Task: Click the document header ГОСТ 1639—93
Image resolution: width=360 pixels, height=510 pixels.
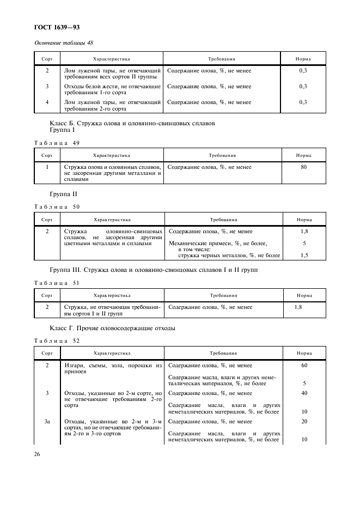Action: [x=57, y=27]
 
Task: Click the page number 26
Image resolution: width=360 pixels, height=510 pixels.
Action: [x=38, y=453]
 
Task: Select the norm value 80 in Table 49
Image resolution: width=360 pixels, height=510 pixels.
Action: [x=303, y=167]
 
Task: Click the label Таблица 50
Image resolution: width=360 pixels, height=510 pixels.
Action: [x=57, y=207]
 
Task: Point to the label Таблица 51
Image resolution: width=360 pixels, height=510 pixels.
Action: [x=57, y=283]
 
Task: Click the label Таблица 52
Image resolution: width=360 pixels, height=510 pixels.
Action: [x=57, y=341]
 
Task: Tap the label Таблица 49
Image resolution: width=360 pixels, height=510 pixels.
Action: [x=57, y=143]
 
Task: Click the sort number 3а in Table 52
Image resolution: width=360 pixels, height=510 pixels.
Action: [x=47, y=421]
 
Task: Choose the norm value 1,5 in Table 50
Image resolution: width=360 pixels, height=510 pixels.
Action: [x=304, y=255]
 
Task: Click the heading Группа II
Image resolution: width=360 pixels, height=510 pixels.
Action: [x=64, y=193]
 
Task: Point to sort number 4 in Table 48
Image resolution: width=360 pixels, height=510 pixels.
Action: [x=47, y=102]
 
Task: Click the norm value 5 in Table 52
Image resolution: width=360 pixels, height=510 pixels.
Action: [x=304, y=382]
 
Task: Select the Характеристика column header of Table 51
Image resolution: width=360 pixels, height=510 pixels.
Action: [x=112, y=295]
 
